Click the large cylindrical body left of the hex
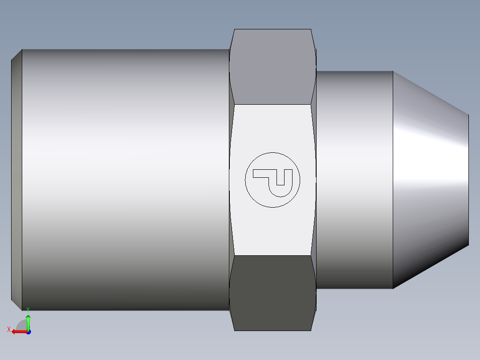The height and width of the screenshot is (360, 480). coord(125,178)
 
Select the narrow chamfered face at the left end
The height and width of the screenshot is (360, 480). coord(16,178)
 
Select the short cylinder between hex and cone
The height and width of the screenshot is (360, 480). coord(354,178)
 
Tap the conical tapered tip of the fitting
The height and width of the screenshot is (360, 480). coord(430,178)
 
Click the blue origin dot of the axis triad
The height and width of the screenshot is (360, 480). coord(28,331)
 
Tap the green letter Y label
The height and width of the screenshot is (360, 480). coord(28,309)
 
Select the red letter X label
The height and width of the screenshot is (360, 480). coord(9,329)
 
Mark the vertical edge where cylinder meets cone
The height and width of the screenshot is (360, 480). coord(393,178)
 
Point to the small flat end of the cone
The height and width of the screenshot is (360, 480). coord(468,178)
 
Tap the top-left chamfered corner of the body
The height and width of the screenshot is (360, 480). coord(17,54)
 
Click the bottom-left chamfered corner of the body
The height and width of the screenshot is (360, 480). coord(17,305)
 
